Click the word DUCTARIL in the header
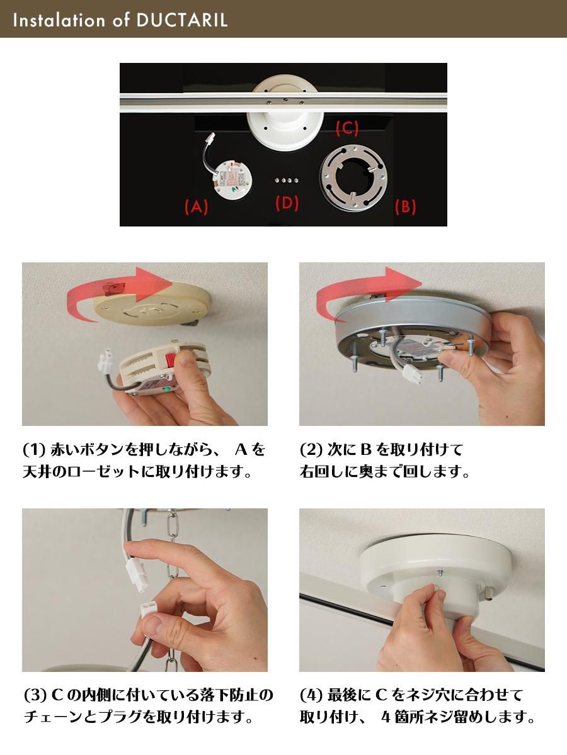pyautogui.click(x=182, y=20)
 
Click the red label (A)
pyautogui.click(x=196, y=207)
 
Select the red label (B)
pyautogui.click(x=405, y=207)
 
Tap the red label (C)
pyautogui.click(x=347, y=128)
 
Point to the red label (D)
pyautogui.click(x=287, y=203)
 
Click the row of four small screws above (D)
pyautogui.click(x=287, y=180)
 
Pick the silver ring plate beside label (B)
pyautogui.click(x=353, y=177)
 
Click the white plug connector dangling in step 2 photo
pyautogui.click(x=413, y=374)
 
